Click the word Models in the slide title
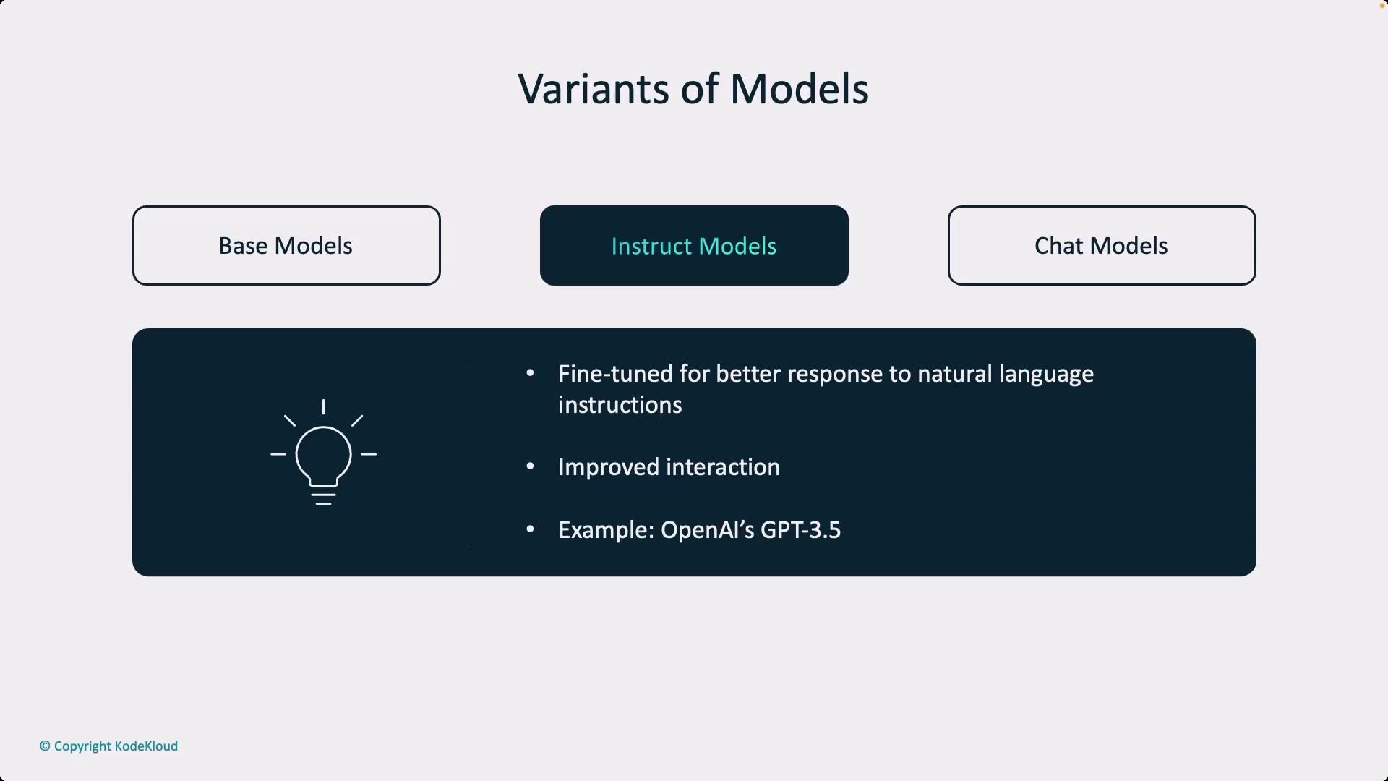[799, 89]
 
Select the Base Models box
[286, 246]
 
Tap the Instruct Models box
[694, 246]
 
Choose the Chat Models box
[1102, 246]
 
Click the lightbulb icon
[323, 453]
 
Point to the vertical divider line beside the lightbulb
[471, 452]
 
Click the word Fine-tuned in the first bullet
[615, 374]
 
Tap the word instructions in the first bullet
[620, 405]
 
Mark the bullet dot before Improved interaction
[531, 467]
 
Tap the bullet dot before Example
[531, 529]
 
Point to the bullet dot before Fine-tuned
[531, 373]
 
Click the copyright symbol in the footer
[45, 746]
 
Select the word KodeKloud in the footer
[146, 746]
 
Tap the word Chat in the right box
[1058, 246]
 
